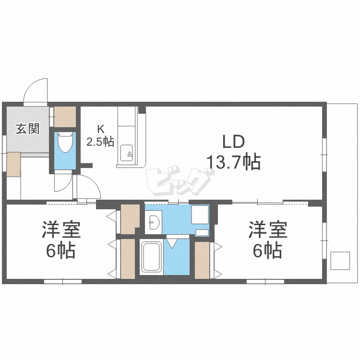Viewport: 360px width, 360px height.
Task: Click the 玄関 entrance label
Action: pyautogui.click(x=27, y=129)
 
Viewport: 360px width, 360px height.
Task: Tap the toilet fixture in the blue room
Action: pyautogui.click(x=64, y=142)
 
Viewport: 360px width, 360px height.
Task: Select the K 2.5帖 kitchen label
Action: pyautogui.click(x=100, y=135)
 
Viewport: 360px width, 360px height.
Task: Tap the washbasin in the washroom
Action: pyautogui.click(x=154, y=222)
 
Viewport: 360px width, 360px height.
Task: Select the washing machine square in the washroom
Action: pyautogui.click(x=200, y=215)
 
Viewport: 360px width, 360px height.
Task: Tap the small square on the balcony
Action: pyautogui.click(x=340, y=261)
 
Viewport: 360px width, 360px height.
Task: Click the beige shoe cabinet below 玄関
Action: pyautogui.click(x=13, y=164)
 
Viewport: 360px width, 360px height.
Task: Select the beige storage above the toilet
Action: pyautogui.click(x=65, y=116)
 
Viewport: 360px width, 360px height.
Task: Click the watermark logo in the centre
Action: pyautogui.click(x=180, y=181)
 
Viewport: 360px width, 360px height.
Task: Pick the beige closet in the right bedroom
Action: pyautogui.click(x=203, y=260)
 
